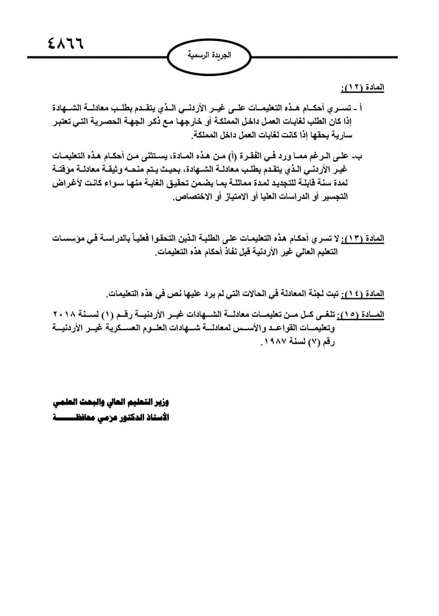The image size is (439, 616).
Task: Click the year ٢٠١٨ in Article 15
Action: pos(64,314)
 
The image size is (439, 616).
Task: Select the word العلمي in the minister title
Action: pos(69,401)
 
